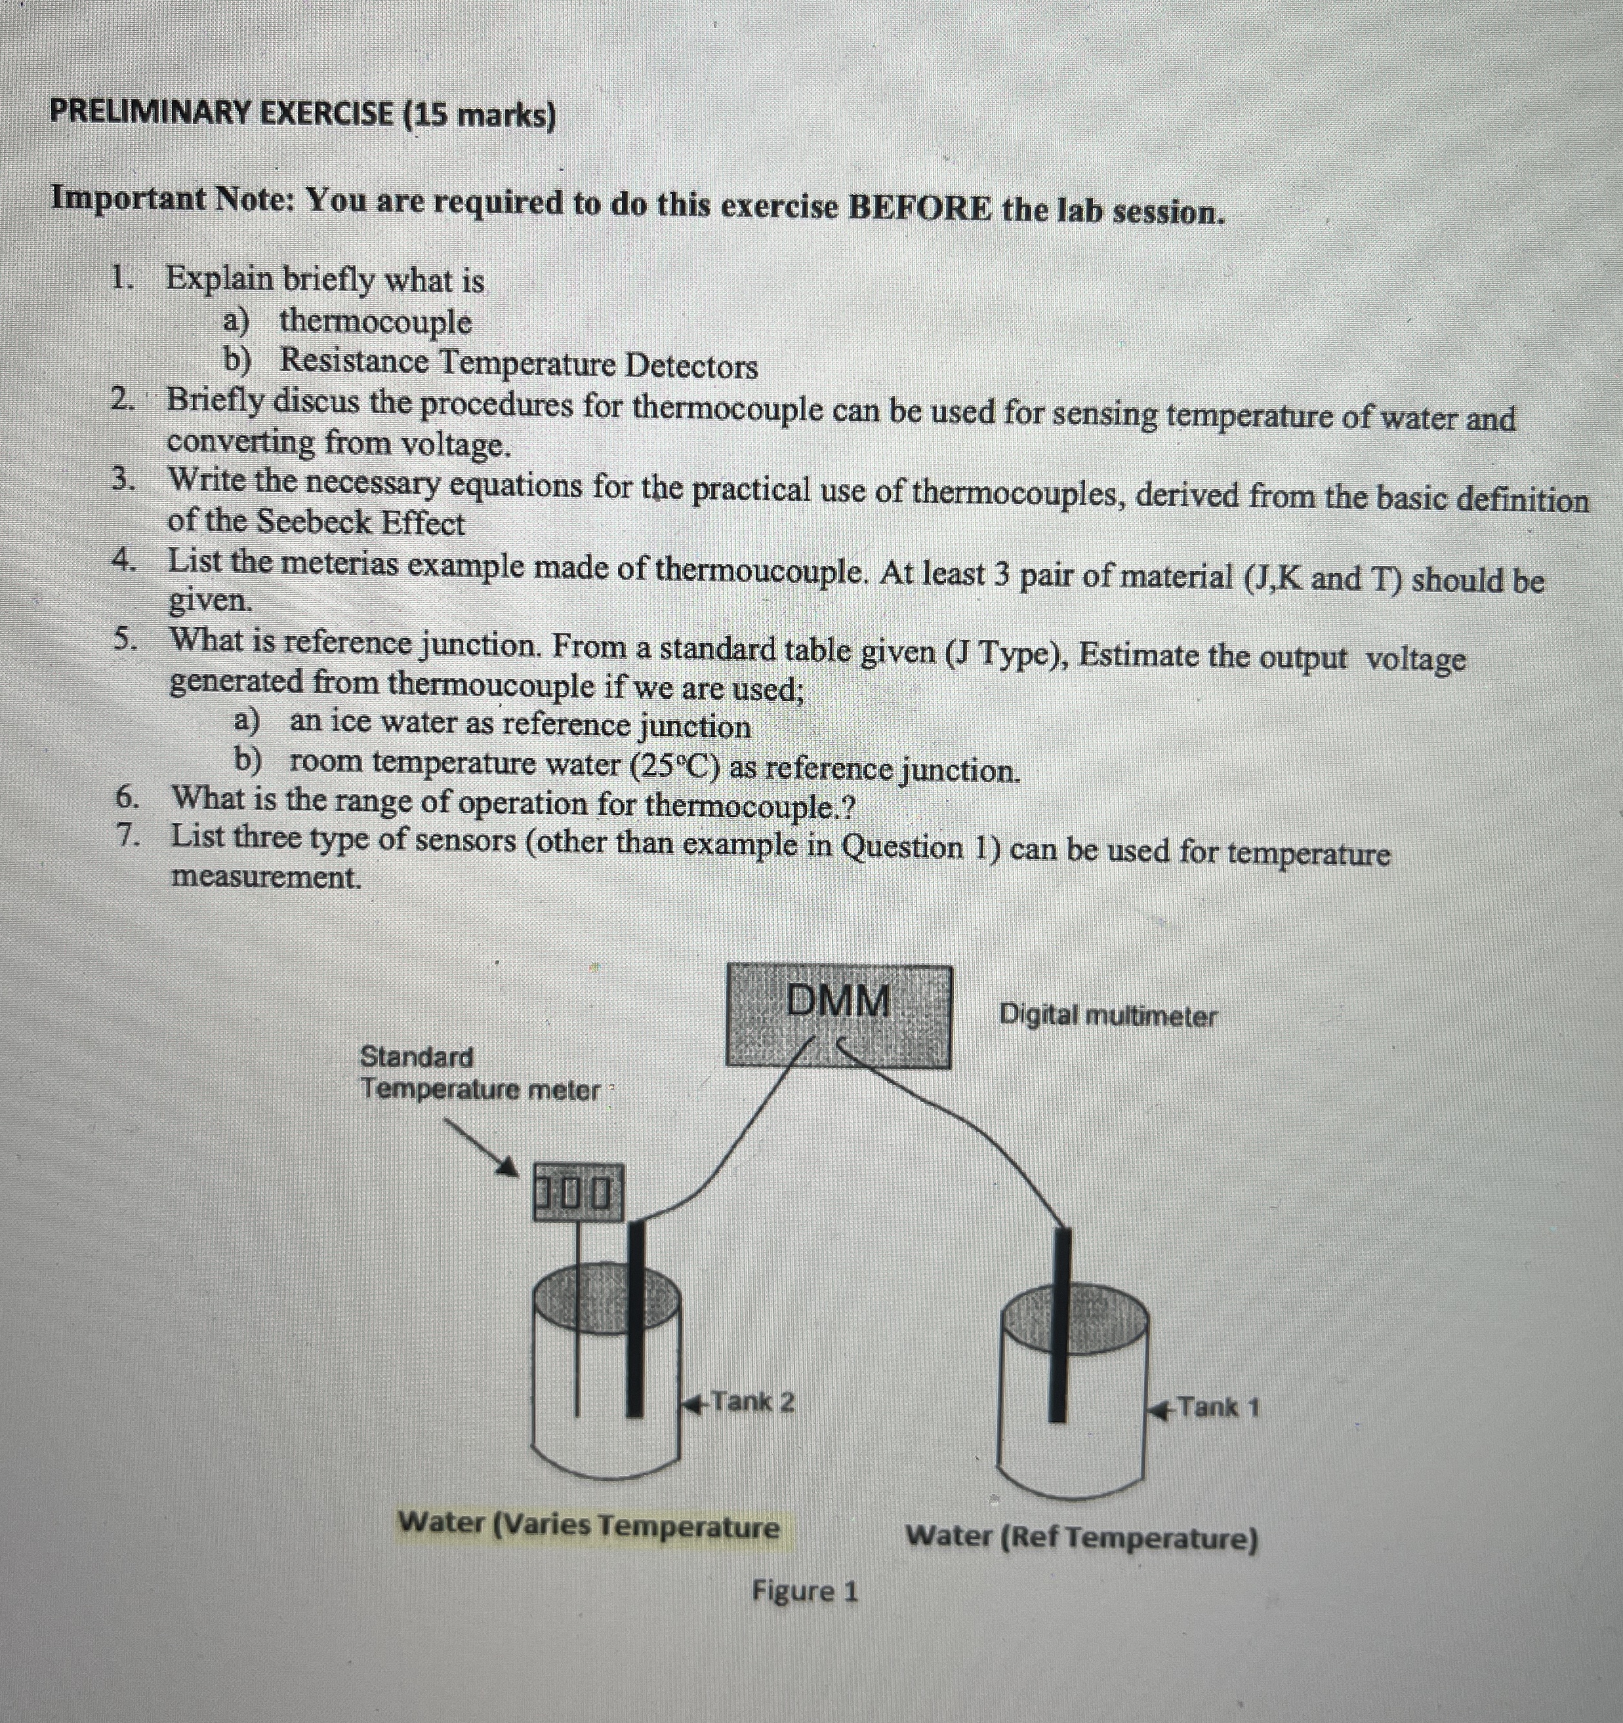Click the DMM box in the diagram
tap(838, 1016)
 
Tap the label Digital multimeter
tap(1107, 1015)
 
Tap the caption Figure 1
tap(804, 1591)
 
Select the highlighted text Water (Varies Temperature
tap(588, 1524)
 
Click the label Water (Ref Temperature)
tap(1081, 1537)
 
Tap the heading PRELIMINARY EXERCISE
tap(221, 113)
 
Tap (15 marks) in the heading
tap(480, 115)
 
